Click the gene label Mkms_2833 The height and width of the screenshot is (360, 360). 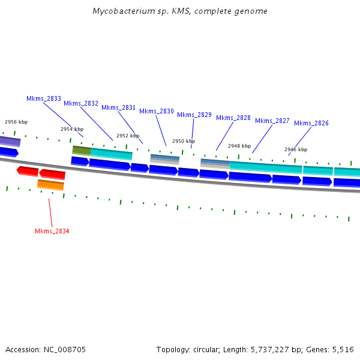coord(44,98)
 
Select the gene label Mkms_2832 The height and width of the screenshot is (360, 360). coord(81,103)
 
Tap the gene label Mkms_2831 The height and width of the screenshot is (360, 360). coord(119,107)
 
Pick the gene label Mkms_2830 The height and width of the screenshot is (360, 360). coord(157,111)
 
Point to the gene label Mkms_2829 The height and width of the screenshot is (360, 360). coord(194,115)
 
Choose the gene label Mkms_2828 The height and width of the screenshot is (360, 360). coord(233,118)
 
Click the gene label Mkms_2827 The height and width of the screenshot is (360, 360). coord(272,121)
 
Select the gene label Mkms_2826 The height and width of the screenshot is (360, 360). coord(311,123)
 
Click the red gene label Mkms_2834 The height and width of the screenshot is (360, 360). coord(52,231)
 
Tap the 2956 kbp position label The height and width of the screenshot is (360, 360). coord(16,122)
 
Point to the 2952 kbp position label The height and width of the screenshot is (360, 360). coord(128,136)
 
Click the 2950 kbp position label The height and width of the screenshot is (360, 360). coord(184,141)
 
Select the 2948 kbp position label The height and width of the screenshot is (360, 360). coord(239,146)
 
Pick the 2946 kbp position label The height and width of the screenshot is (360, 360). coord(296,149)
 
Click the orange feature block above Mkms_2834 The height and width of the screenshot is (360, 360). coord(50,185)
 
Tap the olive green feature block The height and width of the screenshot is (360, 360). coord(82,150)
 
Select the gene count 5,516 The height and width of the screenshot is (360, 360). coord(343,349)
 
